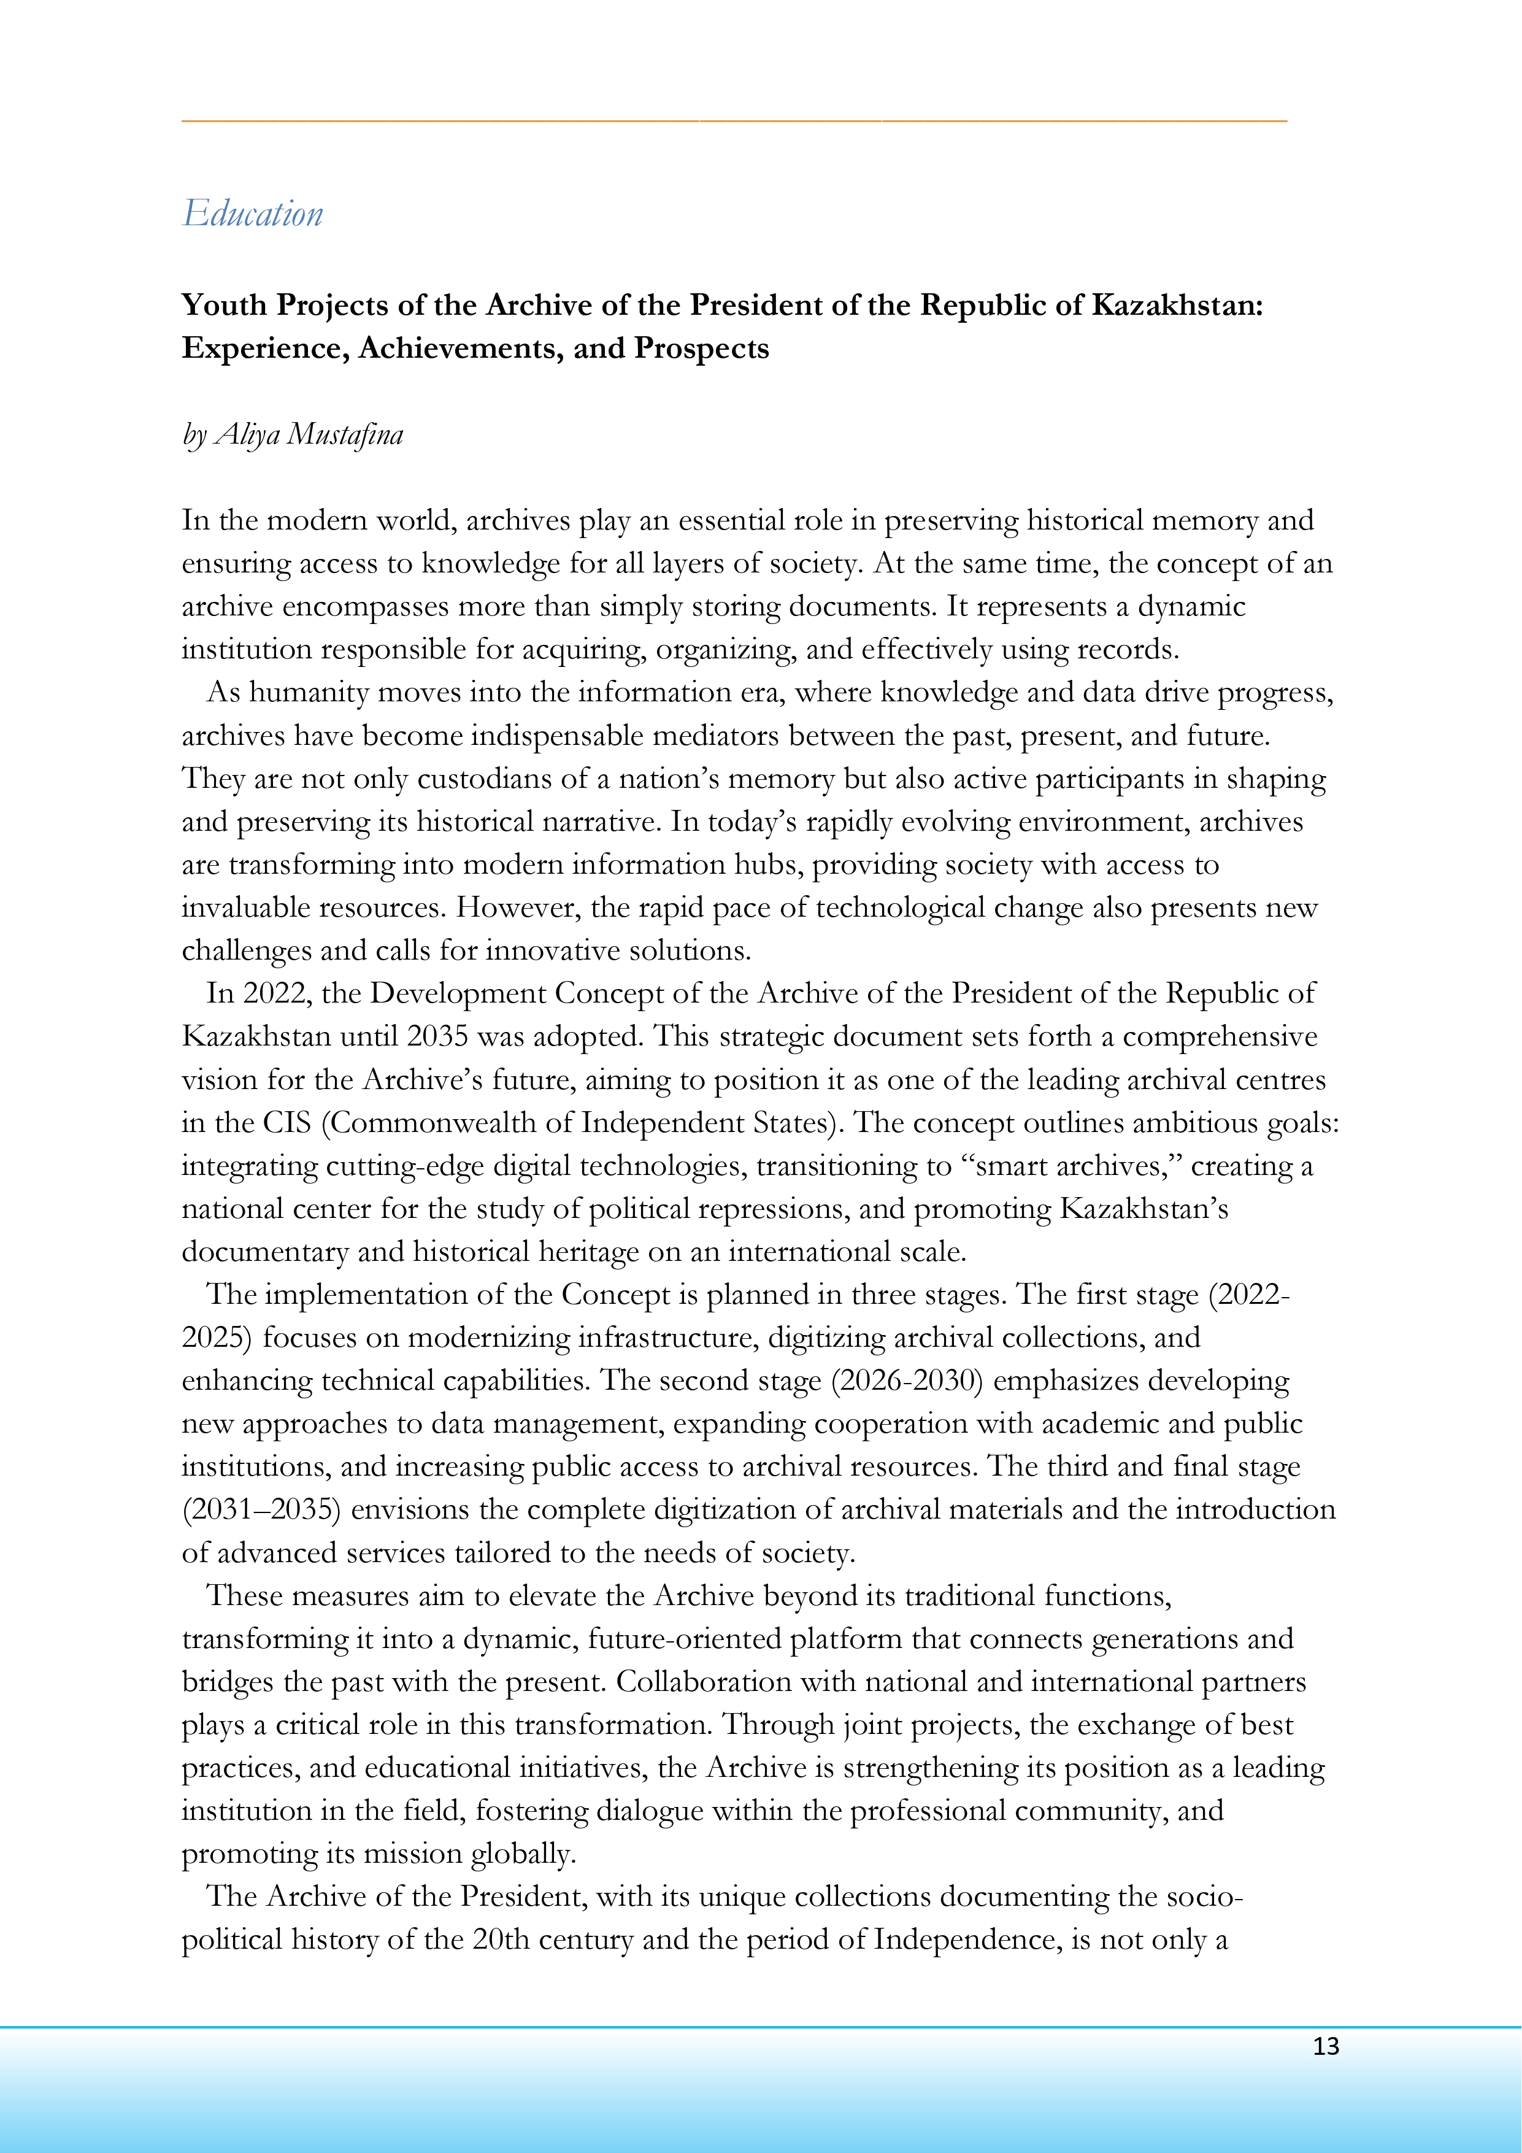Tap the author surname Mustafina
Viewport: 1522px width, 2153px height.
[x=345, y=434]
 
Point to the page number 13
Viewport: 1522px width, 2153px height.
[x=1325, y=2046]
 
